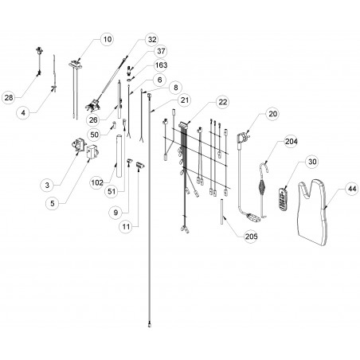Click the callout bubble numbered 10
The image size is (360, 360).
pyautogui.click(x=107, y=39)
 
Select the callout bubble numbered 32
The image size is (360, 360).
pyautogui.click(x=152, y=40)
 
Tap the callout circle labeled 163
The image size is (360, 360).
pyautogui.click(x=161, y=65)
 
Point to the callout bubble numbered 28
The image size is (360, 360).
pyautogui.click(x=9, y=97)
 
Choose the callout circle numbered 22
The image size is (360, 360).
pyautogui.click(x=223, y=102)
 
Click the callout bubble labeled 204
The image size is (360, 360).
pyautogui.click(x=291, y=142)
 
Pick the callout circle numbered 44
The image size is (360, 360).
pyautogui.click(x=352, y=189)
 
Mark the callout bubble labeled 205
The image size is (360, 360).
pyautogui.click(x=251, y=236)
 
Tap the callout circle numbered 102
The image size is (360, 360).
pyautogui.click(x=97, y=182)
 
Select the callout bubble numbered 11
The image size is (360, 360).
pyautogui.click(x=126, y=227)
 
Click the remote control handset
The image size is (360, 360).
pyautogui.click(x=283, y=199)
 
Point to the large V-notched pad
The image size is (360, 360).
pyautogui.click(x=312, y=212)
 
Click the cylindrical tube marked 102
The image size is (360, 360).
pyautogui.click(x=119, y=156)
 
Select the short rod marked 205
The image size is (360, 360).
pyautogui.click(x=221, y=212)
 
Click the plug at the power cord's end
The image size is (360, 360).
pyautogui.click(x=253, y=217)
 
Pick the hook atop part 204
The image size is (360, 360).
pyautogui.click(x=264, y=169)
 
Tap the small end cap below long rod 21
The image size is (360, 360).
pyautogui.click(x=150, y=324)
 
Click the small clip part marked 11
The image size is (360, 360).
pyautogui.click(x=140, y=165)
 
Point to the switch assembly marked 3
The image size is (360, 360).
pyautogui.click(x=78, y=145)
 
